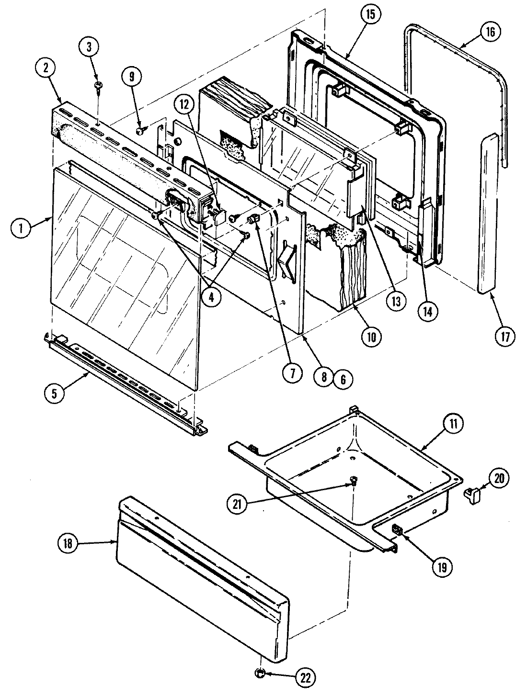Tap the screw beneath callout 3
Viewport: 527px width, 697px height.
point(98,85)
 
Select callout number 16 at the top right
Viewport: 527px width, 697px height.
point(491,32)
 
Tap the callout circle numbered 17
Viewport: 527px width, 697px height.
point(505,336)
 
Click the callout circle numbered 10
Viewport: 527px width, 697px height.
point(371,336)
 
